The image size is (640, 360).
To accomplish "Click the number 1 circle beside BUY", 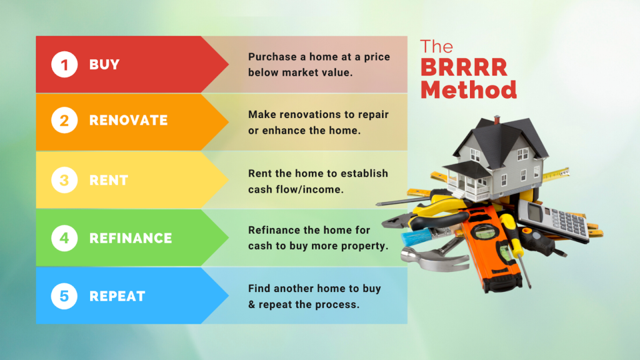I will tap(64, 64).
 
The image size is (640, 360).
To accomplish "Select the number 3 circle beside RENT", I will tap(64, 180).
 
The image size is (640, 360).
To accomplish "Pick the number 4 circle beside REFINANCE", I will tap(64, 238).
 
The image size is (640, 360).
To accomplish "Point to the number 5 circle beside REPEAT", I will tap(64, 296).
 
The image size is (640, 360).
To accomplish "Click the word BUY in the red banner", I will tap(104, 64).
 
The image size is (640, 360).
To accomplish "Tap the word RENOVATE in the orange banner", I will tap(128, 121).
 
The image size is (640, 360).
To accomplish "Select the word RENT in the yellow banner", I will tap(109, 180).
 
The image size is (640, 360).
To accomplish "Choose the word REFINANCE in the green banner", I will tap(131, 238).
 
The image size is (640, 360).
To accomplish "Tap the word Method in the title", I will tap(469, 89).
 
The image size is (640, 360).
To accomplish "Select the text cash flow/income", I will tap(296, 189).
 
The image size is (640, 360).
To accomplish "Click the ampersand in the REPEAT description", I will tap(252, 304).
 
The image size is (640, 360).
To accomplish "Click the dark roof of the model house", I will tap(494, 134).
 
